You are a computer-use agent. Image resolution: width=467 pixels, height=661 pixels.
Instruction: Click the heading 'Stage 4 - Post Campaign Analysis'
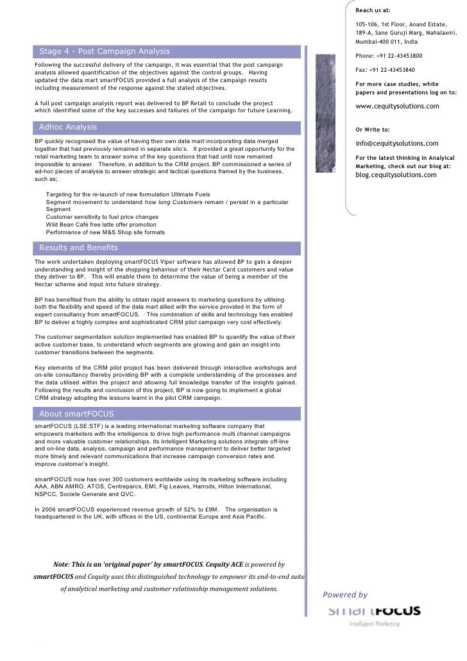coord(105,51)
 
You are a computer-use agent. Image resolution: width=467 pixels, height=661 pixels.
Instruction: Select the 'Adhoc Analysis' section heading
coord(68,126)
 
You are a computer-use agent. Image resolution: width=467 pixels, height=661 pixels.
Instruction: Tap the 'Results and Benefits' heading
coord(79,248)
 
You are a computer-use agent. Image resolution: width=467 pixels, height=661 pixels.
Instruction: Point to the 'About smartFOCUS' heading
coord(76,413)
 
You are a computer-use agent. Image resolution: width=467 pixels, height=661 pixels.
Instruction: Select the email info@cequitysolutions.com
coord(396,143)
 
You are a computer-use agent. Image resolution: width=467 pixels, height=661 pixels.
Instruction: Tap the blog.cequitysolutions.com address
coord(396,175)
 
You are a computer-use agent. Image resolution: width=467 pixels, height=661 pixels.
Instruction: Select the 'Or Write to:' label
coord(374,129)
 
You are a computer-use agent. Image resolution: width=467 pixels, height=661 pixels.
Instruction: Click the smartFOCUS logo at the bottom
coord(374,612)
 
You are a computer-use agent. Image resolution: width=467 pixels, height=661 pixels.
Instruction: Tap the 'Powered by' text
coord(345,595)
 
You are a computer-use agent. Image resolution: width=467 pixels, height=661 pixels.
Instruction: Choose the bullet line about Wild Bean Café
coord(101,225)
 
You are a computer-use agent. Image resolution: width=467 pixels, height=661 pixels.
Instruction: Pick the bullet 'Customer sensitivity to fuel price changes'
coord(102,218)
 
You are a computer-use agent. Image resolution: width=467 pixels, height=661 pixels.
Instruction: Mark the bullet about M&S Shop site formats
coord(105,232)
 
